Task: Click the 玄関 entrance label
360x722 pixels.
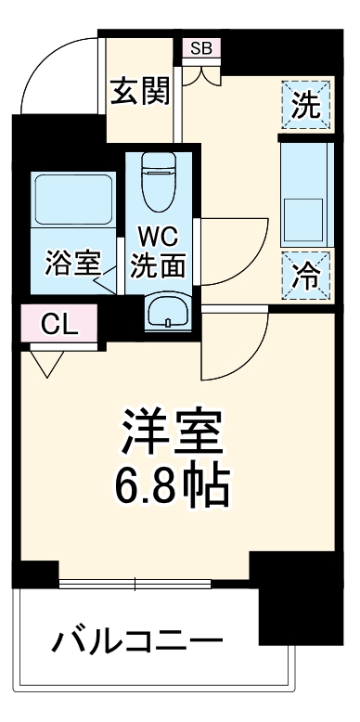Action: tap(140, 92)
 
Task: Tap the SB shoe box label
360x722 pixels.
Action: tap(200, 48)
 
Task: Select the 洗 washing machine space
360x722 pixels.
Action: tap(304, 106)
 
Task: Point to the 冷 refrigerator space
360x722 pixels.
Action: tap(304, 275)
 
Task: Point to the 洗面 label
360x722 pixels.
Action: tap(158, 265)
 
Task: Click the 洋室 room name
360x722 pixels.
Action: tap(174, 431)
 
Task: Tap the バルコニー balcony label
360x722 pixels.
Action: tap(137, 639)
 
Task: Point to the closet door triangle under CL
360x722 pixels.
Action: tap(46, 362)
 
